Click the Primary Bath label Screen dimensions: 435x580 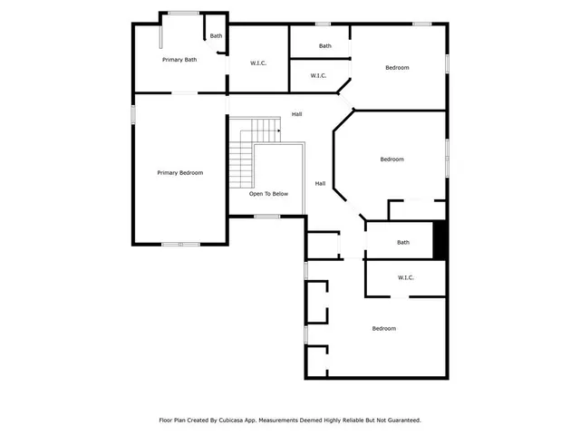pos(179,60)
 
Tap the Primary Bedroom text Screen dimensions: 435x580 pos(179,173)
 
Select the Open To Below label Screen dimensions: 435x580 pos(269,194)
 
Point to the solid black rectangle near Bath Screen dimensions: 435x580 pos(440,241)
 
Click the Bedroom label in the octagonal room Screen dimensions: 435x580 pos(391,159)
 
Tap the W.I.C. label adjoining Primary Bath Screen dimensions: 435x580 pos(257,63)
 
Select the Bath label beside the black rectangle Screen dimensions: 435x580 pos(402,242)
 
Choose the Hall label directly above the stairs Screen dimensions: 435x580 pos(296,114)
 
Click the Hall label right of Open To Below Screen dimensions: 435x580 pos(320,183)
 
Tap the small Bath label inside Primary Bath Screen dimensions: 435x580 pos(216,36)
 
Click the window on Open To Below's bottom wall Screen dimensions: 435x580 pos(266,216)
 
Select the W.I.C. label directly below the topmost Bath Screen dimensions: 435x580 pos(318,76)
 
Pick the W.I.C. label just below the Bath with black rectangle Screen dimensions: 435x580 pos(406,277)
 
